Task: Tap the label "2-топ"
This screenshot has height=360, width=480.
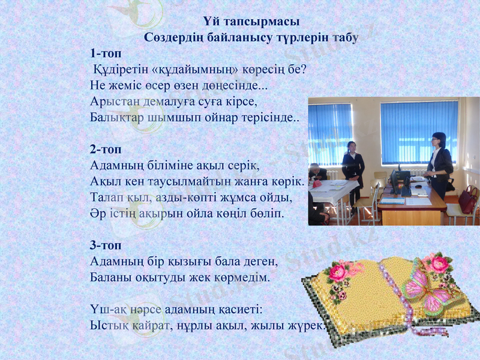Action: pyautogui.click(x=105, y=148)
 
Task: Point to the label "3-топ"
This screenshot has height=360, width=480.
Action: pyautogui.click(x=105, y=245)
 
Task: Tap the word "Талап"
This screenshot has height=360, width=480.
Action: pyautogui.click(x=105, y=197)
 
